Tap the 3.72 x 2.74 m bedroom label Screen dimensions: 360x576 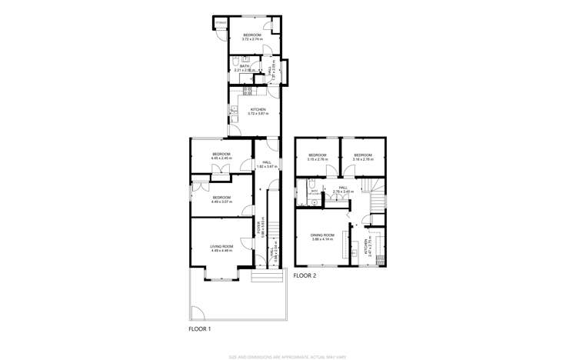pyautogui.click(x=252, y=37)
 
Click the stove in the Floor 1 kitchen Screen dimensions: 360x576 pyautogui.click(x=248, y=91)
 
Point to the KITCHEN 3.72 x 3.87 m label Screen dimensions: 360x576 pyautogui.click(x=258, y=112)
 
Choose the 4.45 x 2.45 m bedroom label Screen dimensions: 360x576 pyautogui.click(x=221, y=156)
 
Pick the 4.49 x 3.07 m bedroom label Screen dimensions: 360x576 pyautogui.click(x=221, y=198)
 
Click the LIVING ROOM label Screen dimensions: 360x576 pyautogui.click(x=221, y=248)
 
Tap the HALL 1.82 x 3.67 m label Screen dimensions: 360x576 pyautogui.click(x=267, y=164)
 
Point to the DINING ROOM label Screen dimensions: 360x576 pyautogui.click(x=322, y=237)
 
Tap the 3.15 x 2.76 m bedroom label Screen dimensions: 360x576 pyautogui.click(x=318, y=157)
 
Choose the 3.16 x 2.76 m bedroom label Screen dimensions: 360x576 pyautogui.click(x=363, y=157)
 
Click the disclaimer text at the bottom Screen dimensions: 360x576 pyautogui.click(x=288, y=356)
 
